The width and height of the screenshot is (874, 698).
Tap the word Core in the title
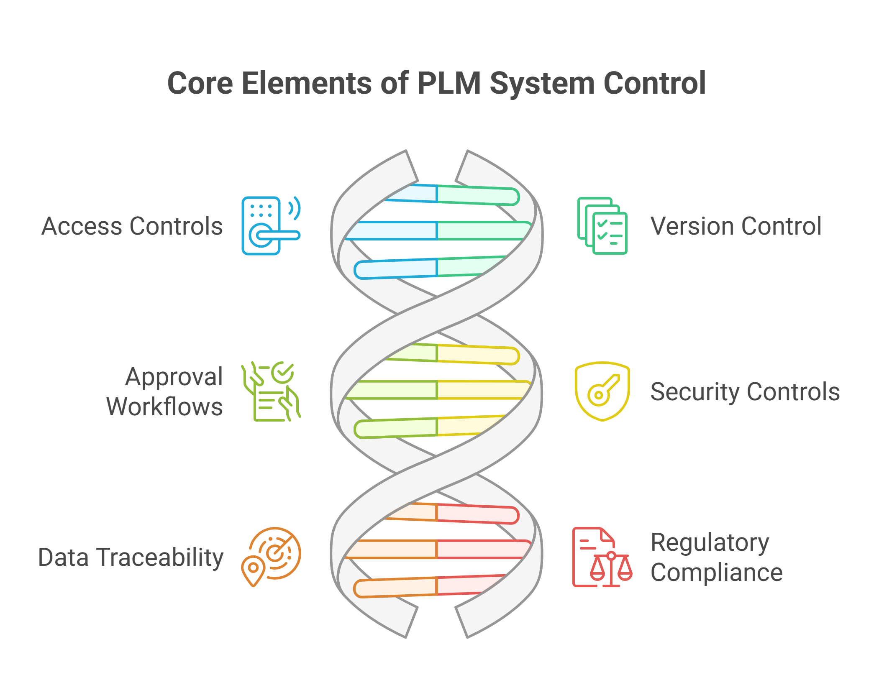200,83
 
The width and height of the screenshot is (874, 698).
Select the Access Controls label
132,226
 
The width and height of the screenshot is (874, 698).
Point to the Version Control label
736,226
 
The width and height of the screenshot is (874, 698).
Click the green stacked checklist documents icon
602,225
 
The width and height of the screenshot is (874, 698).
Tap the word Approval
174,377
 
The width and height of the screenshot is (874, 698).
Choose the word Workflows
164,407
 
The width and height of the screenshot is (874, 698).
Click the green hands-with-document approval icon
271,391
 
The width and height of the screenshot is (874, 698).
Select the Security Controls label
745,392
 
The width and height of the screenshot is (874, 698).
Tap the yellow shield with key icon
602,391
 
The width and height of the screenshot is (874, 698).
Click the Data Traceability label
131,557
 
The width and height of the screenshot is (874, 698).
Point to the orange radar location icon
271,557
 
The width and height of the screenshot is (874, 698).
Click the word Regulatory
710,543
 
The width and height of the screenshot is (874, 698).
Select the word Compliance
716,573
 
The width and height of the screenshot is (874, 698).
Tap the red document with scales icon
602,557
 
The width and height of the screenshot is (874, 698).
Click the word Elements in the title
306,83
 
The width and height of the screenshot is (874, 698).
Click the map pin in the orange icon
253,570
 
